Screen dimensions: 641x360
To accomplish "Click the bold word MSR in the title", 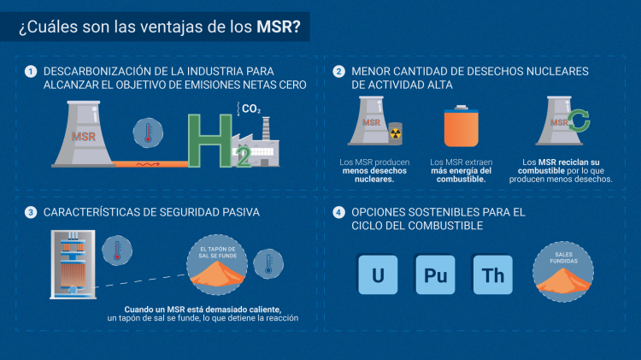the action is click(x=274, y=27).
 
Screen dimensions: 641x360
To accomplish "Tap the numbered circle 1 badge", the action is click(x=31, y=72).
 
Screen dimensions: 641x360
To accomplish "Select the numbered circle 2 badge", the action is click(x=338, y=72).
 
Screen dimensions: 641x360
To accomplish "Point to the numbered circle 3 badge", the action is click(x=31, y=212).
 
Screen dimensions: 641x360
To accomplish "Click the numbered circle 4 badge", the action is click(x=338, y=212).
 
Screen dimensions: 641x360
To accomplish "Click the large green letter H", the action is click(x=210, y=141).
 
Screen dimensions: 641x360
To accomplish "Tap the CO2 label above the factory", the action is click(x=251, y=109).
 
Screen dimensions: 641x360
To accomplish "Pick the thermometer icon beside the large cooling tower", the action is click(x=148, y=133).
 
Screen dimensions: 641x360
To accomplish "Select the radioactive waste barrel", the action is click(x=395, y=133).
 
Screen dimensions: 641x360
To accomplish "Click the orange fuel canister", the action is click(x=462, y=126).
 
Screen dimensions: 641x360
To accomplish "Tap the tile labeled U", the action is click(x=378, y=274).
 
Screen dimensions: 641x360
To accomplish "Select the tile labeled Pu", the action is click(x=435, y=274).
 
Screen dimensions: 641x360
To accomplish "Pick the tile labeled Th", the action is click(x=492, y=274).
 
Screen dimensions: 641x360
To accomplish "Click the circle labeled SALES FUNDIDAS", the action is click(x=563, y=272).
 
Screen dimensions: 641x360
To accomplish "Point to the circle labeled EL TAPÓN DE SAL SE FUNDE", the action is click(x=217, y=265).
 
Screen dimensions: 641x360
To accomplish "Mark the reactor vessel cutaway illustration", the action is click(x=74, y=264).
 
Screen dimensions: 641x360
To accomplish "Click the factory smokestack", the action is click(x=266, y=128).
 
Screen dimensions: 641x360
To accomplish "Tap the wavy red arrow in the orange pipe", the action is click(x=148, y=164).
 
